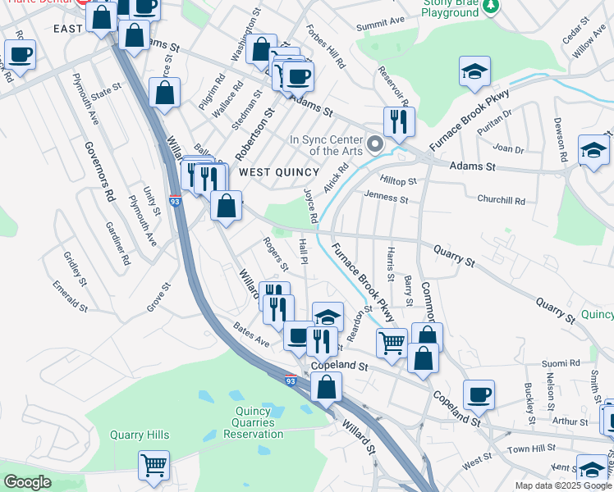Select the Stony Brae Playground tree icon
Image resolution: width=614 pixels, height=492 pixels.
(x=491, y=7)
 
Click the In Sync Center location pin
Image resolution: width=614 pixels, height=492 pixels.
(x=376, y=145)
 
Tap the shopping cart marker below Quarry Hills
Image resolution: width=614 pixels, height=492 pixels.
(x=153, y=465)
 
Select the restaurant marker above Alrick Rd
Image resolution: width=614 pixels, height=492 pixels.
(x=399, y=121)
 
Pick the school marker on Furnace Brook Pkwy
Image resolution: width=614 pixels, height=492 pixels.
(x=474, y=71)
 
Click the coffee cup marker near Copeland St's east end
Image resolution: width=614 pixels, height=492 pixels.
(x=479, y=394)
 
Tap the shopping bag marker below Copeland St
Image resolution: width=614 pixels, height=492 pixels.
(x=327, y=388)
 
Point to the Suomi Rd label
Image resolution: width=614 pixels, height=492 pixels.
(x=561, y=362)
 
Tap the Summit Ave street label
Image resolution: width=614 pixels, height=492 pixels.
(x=381, y=21)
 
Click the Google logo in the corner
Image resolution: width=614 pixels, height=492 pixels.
(x=26, y=481)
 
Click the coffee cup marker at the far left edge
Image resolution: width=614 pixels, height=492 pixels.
(x=21, y=55)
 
